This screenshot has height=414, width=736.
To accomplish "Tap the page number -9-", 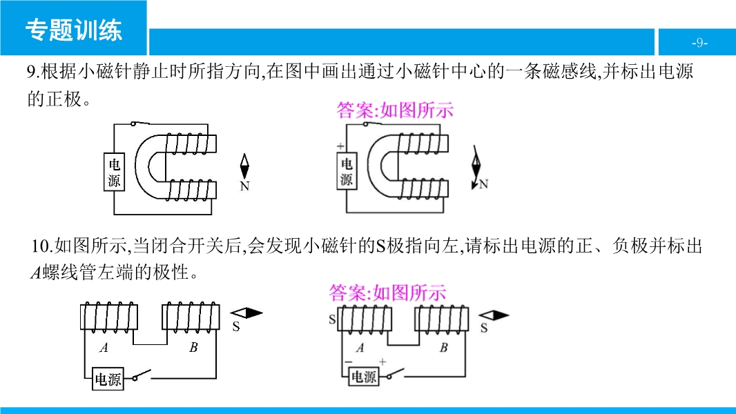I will [699, 43].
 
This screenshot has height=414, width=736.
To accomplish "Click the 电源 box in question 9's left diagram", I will [114, 172].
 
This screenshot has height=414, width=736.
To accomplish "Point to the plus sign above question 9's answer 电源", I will [340, 146].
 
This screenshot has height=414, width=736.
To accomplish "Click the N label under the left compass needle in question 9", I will [244, 186].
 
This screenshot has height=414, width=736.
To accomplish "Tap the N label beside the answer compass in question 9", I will [483, 184].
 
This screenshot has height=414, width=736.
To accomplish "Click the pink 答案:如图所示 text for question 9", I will [395, 110].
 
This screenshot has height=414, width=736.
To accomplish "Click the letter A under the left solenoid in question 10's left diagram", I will [104, 348].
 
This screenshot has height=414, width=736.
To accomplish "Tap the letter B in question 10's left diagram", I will [193, 348].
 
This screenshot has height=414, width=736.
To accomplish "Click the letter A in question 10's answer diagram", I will [360, 348].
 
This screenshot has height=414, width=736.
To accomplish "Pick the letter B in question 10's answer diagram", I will [444, 348].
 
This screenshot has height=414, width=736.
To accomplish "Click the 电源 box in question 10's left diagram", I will [108, 379].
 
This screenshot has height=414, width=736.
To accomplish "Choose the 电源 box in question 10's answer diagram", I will [364, 377].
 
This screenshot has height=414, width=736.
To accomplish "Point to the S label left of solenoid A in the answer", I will [332, 319].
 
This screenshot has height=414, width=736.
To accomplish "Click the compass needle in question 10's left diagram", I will [246, 313].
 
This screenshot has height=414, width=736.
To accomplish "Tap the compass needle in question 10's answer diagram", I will [494, 315].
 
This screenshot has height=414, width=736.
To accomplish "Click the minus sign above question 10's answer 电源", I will [349, 362].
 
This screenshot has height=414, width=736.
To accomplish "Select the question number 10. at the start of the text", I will [42, 246].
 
